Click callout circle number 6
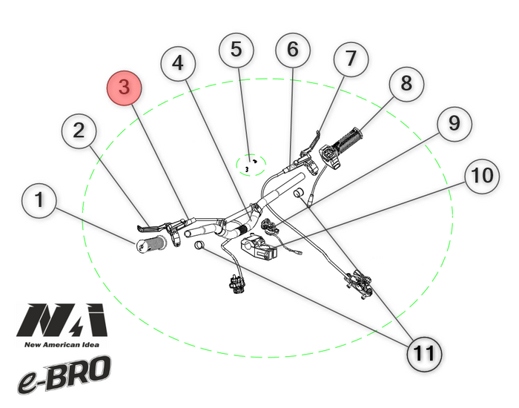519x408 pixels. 294,51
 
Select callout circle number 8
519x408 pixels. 406,84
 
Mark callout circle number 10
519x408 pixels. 482,176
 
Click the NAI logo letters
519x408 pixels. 62,320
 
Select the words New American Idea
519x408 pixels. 62,344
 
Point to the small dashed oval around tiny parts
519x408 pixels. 251,164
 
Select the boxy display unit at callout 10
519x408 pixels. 258,247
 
